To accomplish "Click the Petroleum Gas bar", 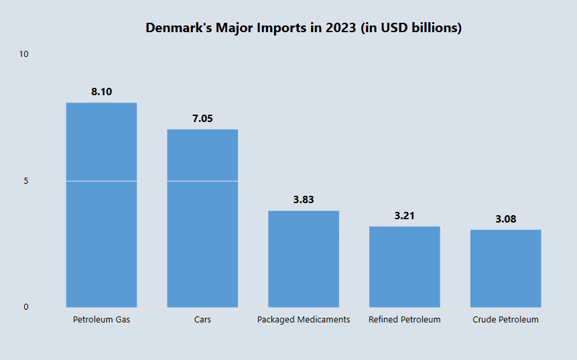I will coord(101,204).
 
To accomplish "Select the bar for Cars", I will coord(202,218).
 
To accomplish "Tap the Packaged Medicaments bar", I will coord(304,259).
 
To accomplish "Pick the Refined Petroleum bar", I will coord(404,267).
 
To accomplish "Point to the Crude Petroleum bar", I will coord(505,268).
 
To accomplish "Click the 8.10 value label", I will coord(101,92).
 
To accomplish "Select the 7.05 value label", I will coord(202,119).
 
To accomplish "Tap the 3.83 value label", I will coord(304,200).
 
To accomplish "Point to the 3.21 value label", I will coord(404,216).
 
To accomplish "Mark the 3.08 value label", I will coord(505,219).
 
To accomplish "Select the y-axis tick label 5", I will coord(26,180).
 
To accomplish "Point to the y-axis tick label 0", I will coord(26,307).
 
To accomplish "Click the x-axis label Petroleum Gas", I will coord(101,320).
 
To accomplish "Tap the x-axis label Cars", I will coord(202,320).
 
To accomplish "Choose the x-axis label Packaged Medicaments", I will coord(304,320).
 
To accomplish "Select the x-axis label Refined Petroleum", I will coord(404,320).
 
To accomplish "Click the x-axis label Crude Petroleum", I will coord(505,320).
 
